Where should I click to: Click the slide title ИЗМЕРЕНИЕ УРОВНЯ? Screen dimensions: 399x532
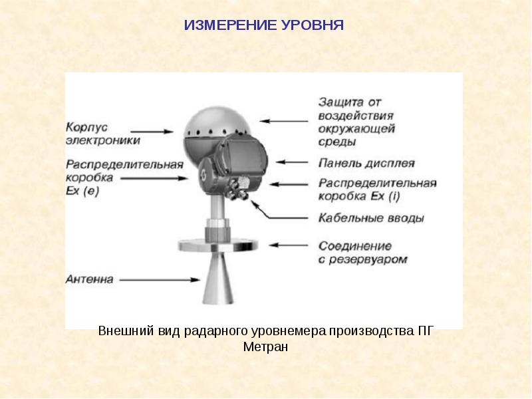(263, 26)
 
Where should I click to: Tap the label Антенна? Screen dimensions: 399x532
(90, 279)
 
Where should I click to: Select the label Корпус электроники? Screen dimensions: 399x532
(103, 133)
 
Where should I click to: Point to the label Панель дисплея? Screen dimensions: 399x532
(366, 163)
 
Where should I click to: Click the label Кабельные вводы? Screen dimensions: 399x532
(371, 217)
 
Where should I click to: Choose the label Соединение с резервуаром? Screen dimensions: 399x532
(362, 252)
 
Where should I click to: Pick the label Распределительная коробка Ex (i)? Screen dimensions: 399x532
(377, 189)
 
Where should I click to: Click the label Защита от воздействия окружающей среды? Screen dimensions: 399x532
(356, 122)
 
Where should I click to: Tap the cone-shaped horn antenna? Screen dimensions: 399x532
(219, 279)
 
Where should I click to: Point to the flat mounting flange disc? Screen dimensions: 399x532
(218, 245)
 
